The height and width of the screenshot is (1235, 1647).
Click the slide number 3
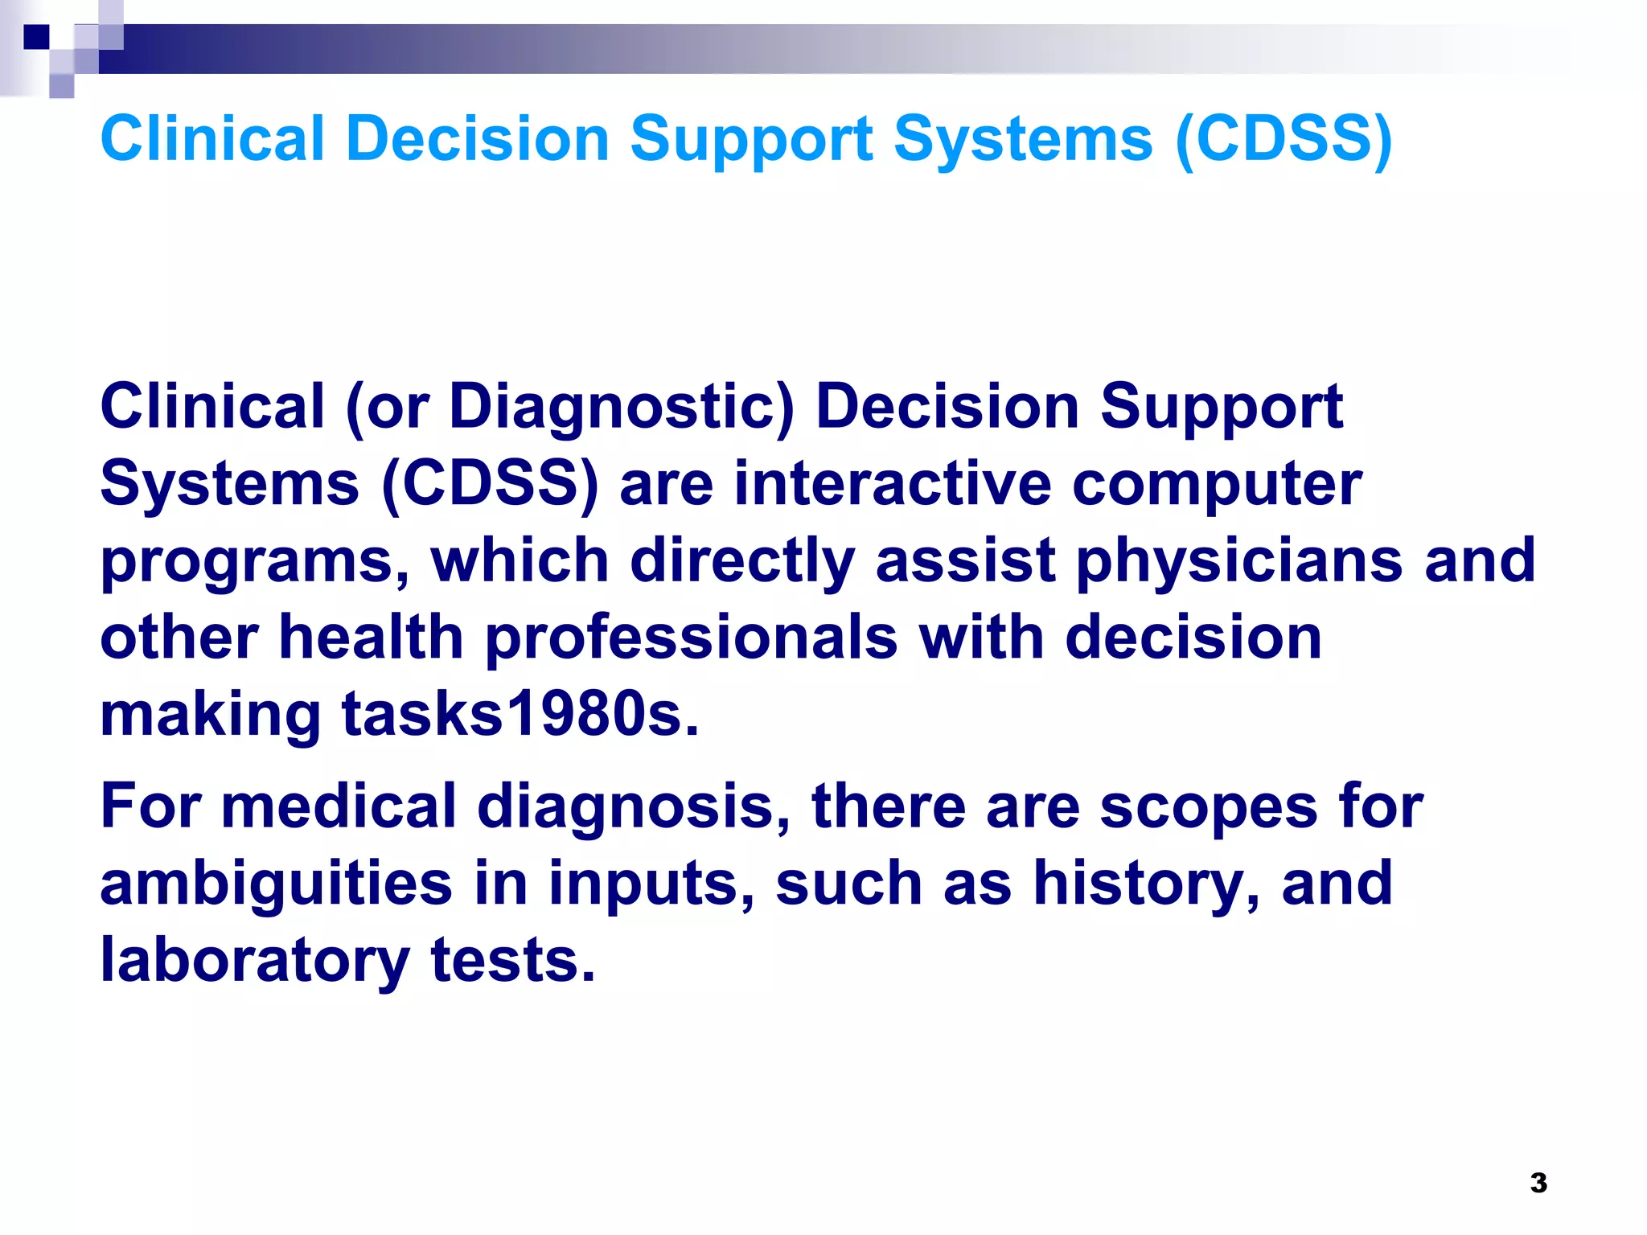pyautogui.click(x=1538, y=1183)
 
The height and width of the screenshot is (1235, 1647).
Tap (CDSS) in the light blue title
pyautogui.click(x=1284, y=138)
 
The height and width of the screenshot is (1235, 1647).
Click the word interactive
pyautogui.click(x=892, y=484)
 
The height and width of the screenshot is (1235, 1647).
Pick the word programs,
pyautogui.click(x=255, y=563)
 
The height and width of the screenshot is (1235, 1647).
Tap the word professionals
pyautogui.click(x=692, y=638)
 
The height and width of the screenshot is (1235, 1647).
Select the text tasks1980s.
pyautogui.click(x=520, y=714)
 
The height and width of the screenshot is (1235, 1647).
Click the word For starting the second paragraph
pyautogui.click(x=150, y=806)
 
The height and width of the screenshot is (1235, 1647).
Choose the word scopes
pyautogui.click(x=1209, y=808)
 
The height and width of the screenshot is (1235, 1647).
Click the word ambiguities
pyautogui.click(x=276, y=884)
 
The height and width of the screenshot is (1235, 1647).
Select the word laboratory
pyautogui.click(x=255, y=962)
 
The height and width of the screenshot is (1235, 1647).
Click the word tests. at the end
pyautogui.click(x=513, y=960)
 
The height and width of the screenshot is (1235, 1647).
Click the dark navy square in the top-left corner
pyautogui.click(x=36, y=37)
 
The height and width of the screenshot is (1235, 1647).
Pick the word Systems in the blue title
pyautogui.click(x=1023, y=140)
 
